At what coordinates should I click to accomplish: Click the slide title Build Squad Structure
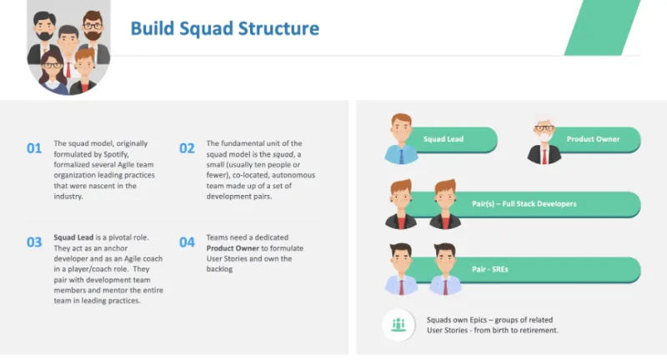(x=224, y=28)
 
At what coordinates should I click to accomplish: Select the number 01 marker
(x=34, y=149)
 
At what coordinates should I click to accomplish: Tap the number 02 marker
(x=187, y=149)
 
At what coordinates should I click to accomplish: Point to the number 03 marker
(x=34, y=242)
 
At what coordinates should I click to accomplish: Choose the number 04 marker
(x=187, y=242)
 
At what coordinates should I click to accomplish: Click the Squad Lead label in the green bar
(x=443, y=139)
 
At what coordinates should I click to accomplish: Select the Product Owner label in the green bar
(x=593, y=139)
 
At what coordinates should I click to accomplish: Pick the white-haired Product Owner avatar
(x=544, y=139)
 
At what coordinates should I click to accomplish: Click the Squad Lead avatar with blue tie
(x=401, y=137)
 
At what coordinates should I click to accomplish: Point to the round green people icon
(x=399, y=325)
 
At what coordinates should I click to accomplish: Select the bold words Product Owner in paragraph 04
(x=233, y=247)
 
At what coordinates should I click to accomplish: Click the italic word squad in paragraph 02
(x=280, y=153)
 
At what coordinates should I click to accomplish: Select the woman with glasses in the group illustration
(x=52, y=69)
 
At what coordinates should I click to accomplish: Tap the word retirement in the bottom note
(x=538, y=331)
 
